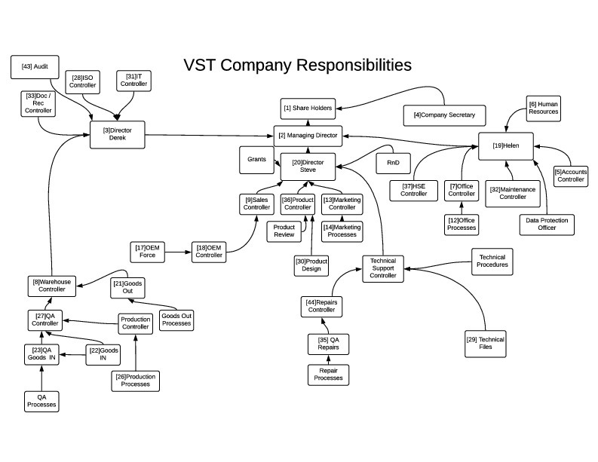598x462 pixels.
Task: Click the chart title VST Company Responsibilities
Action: [297, 65]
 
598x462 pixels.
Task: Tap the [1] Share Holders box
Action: [308, 109]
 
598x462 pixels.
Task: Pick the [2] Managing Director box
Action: [308, 136]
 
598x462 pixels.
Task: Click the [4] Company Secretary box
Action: [444, 115]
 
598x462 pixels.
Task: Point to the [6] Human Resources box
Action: [543, 107]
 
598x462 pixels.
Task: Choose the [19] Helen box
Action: [506, 145]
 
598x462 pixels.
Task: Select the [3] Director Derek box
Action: [117, 134]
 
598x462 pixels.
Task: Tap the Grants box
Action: [256, 160]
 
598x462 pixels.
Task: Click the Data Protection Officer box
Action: [547, 224]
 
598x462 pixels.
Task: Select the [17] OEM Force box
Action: [147, 251]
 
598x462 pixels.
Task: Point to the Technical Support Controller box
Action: [383, 268]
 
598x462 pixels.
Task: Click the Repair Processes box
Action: [328, 374]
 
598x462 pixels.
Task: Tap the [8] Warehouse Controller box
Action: [51, 286]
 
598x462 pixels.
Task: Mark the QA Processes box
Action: [41, 400]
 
